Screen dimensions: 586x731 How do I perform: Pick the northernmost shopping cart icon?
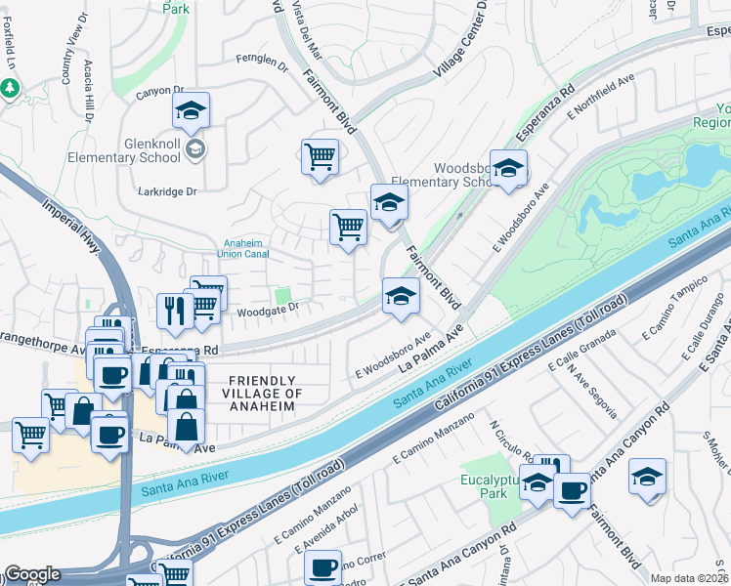pyautogui.click(x=321, y=156)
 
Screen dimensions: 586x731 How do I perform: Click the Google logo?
pyautogui.click(x=32, y=574)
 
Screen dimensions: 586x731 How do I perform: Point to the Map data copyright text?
pyautogui.click(x=689, y=578)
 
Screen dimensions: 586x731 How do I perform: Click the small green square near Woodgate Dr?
pyautogui.click(x=283, y=294)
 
